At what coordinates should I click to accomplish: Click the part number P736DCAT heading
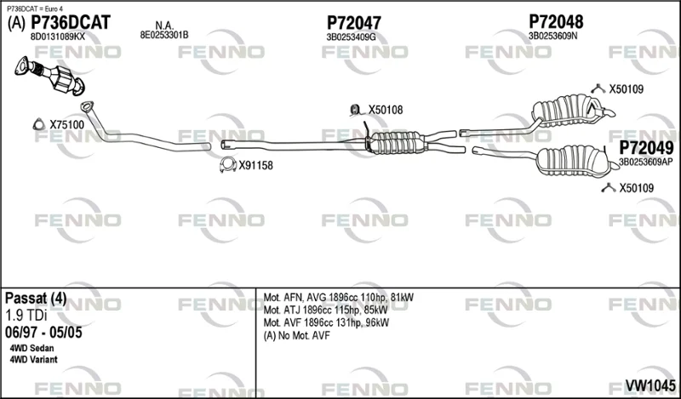coord(71,23)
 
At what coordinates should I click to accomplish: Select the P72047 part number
coord(353,23)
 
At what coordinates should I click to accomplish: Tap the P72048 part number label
coord(556,22)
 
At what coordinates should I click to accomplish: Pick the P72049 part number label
coord(646,149)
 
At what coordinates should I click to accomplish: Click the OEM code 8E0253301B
coord(164,35)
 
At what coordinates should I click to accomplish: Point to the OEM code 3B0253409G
coord(351,37)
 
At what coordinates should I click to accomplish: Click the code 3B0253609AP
coord(646,162)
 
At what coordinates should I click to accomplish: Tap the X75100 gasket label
coord(67,125)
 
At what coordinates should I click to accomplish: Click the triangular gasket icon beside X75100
coord(39,124)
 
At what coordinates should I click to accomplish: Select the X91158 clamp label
coord(255,165)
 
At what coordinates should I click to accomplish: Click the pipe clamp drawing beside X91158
coord(227,164)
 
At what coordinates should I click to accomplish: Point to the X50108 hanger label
coord(386,110)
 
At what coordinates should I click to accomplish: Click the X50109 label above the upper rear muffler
coord(627,89)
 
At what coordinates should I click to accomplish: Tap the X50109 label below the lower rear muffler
coord(636,188)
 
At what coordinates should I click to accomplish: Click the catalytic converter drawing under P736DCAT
coord(50,75)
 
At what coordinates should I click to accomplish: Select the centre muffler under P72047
coord(396,142)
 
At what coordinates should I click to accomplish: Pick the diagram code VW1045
coord(650,385)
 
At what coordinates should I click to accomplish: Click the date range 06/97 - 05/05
coord(43,333)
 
